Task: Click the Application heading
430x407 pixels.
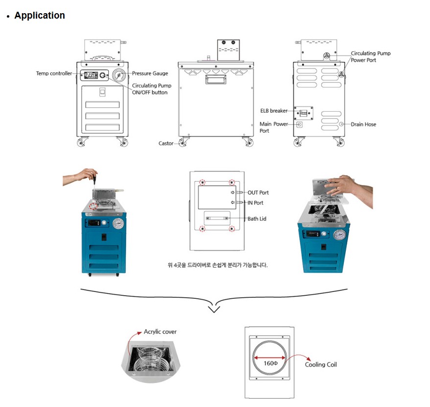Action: point(39,15)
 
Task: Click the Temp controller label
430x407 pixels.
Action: point(54,73)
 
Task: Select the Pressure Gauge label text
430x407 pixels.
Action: point(150,73)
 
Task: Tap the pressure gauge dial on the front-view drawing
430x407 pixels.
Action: point(119,75)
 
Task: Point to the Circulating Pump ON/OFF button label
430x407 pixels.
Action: point(151,89)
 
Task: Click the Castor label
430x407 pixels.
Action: point(166,144)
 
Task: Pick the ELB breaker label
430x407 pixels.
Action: point(274,111)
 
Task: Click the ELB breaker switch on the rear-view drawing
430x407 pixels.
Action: point(304,113)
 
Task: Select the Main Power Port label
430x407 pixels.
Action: point(273,127)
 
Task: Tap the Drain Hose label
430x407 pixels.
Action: point(363,124)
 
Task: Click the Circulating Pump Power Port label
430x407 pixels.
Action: point(370,57)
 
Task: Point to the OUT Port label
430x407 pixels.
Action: point(258,192)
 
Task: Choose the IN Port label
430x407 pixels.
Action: point(255,203)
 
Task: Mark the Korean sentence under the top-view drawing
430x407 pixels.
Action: point(217,265)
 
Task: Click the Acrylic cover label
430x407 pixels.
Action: point(160,332)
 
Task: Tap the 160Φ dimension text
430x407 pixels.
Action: point(270,363)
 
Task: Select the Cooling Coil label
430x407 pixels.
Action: point(321,364)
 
